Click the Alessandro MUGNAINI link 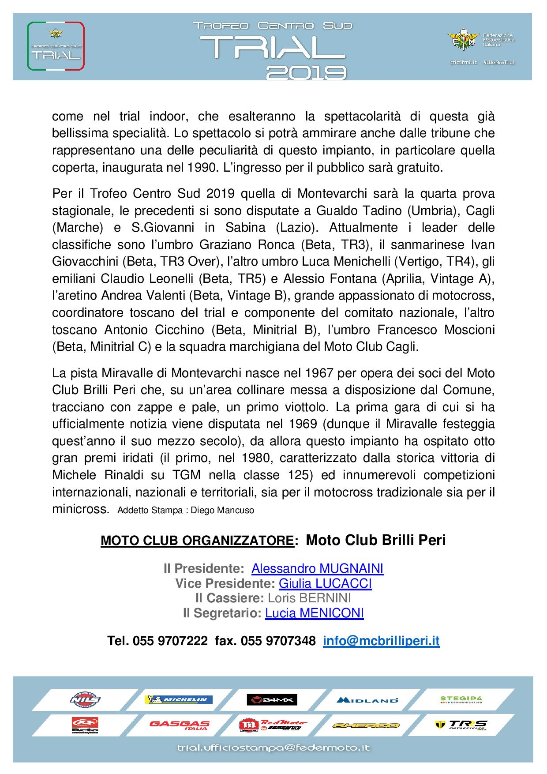click(x=317, y=568)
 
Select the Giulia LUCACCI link click(x=325, y=583)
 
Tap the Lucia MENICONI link click(x=314, y=613)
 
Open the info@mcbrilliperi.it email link click(x=381, y=641)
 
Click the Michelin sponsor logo click(x=179, y=700)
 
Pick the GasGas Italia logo click(x=180, y=725)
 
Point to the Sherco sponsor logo click(x=366, y=725)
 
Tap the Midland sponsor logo click(x=367, y=700)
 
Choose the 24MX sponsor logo click(x=272, y=700)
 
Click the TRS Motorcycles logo click(x=461, y=725)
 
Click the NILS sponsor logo click(x=85, y=700)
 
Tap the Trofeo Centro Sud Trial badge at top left click(x=56, y=46)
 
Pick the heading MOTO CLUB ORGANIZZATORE click(x=197, y=541)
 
